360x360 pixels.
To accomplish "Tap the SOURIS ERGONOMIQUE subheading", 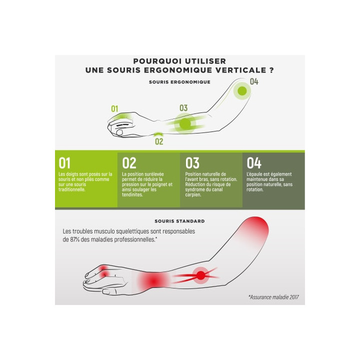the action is click(x=179, y=82).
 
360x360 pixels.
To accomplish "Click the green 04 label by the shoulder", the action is click(x=254, y=81).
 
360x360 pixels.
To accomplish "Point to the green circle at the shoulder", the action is click(x=242, y=91).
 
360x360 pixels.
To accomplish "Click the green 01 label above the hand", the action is click(x=114, y=108).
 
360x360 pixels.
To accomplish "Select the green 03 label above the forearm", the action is click(x=183, y=108).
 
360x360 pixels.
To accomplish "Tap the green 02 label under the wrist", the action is click(x=159, y=141).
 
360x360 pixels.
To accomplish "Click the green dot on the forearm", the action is click(x=185, y=124).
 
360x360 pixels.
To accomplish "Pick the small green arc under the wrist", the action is click(x=158, y=133).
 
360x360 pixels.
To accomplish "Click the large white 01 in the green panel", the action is click(x=64, y=163).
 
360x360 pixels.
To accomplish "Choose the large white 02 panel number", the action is click(x=129, y=163).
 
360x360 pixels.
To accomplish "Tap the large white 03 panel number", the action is click(x=192, y=163).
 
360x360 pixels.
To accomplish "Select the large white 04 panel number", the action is click(x=254, y=163).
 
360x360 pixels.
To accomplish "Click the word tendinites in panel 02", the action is click(x=132, y=194).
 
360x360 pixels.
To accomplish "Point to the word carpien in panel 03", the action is click(x=193, y=194).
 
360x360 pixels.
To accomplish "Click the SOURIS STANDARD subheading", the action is click(x=179, y=221).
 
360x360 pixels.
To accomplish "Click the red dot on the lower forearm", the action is click(x=201, y=275).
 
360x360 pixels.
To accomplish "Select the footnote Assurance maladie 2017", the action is click(x=273, y=297).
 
